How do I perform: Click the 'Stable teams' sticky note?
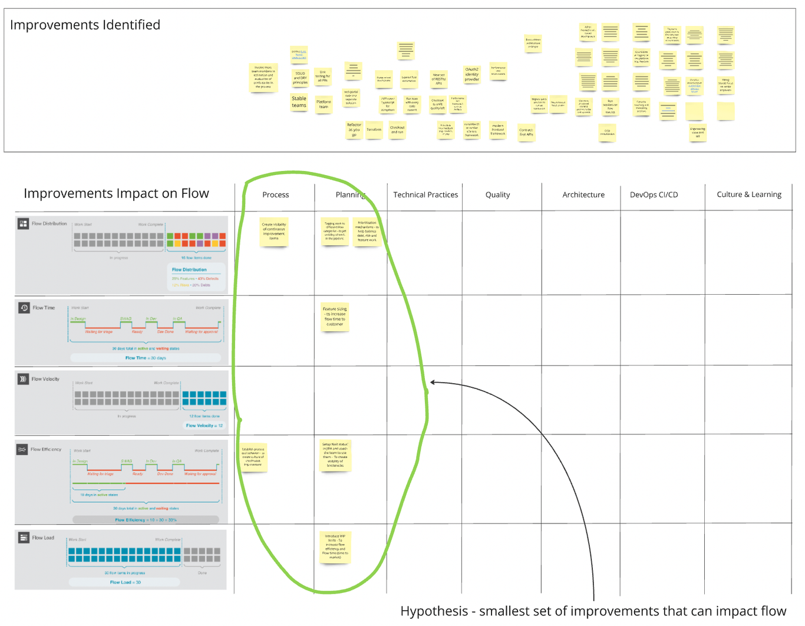(x=299, y=103)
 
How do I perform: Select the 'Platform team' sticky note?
(x=324, y=105)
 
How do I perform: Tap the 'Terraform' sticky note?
(x=374, y=130)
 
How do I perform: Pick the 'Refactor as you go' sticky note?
(x=354, y=130)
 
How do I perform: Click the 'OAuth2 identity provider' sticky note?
(x=472, y=75)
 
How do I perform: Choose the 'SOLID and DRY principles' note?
(x=300, y=78)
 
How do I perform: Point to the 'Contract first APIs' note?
(x=526, y=132)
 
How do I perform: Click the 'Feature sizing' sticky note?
(x=335, y=317)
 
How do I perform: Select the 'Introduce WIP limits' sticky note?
(x=335, y=547)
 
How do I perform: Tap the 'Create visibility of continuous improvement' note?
(x=274, y=232)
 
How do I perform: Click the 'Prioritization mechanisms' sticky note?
(x=367, y=231)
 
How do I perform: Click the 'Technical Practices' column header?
(x=425, y=195)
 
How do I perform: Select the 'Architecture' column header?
(x=583, y=195)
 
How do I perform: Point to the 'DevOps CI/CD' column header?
(x=654, y=195)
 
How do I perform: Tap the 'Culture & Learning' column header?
(x=749, y=195)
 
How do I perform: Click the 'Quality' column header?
(x=498, y=195)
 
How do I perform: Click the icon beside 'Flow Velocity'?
(x=23, y=379)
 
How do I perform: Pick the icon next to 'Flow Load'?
(x=24, y=538)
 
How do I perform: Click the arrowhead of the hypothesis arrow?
(x=433, y=382)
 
